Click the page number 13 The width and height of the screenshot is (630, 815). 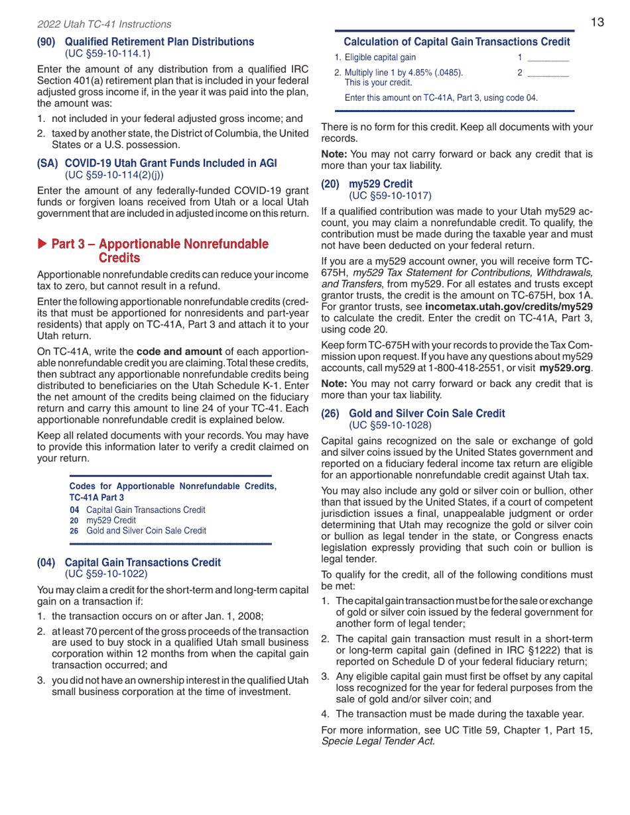597,23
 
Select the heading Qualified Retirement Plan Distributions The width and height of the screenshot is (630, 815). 159,42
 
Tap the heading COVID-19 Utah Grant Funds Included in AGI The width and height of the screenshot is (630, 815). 170,164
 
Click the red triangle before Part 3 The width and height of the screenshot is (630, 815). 42,244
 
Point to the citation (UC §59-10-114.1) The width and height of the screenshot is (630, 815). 107,53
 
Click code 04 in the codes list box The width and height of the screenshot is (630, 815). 74,510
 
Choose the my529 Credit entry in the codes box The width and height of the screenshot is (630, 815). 111,520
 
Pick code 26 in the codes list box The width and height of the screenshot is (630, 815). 74,531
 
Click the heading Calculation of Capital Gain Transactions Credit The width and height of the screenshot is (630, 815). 456,42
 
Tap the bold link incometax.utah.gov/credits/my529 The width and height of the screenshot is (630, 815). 509,307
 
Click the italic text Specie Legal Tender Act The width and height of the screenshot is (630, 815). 378,741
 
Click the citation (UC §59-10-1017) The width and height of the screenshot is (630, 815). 390,195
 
